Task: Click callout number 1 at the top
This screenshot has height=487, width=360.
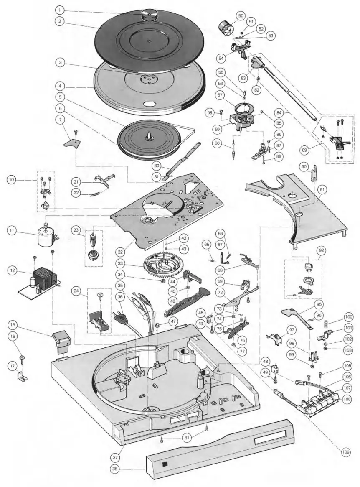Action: pyautogui.click(x=60, y=9)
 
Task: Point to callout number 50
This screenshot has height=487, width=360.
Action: pyautogui.click(x=240, y=15)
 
